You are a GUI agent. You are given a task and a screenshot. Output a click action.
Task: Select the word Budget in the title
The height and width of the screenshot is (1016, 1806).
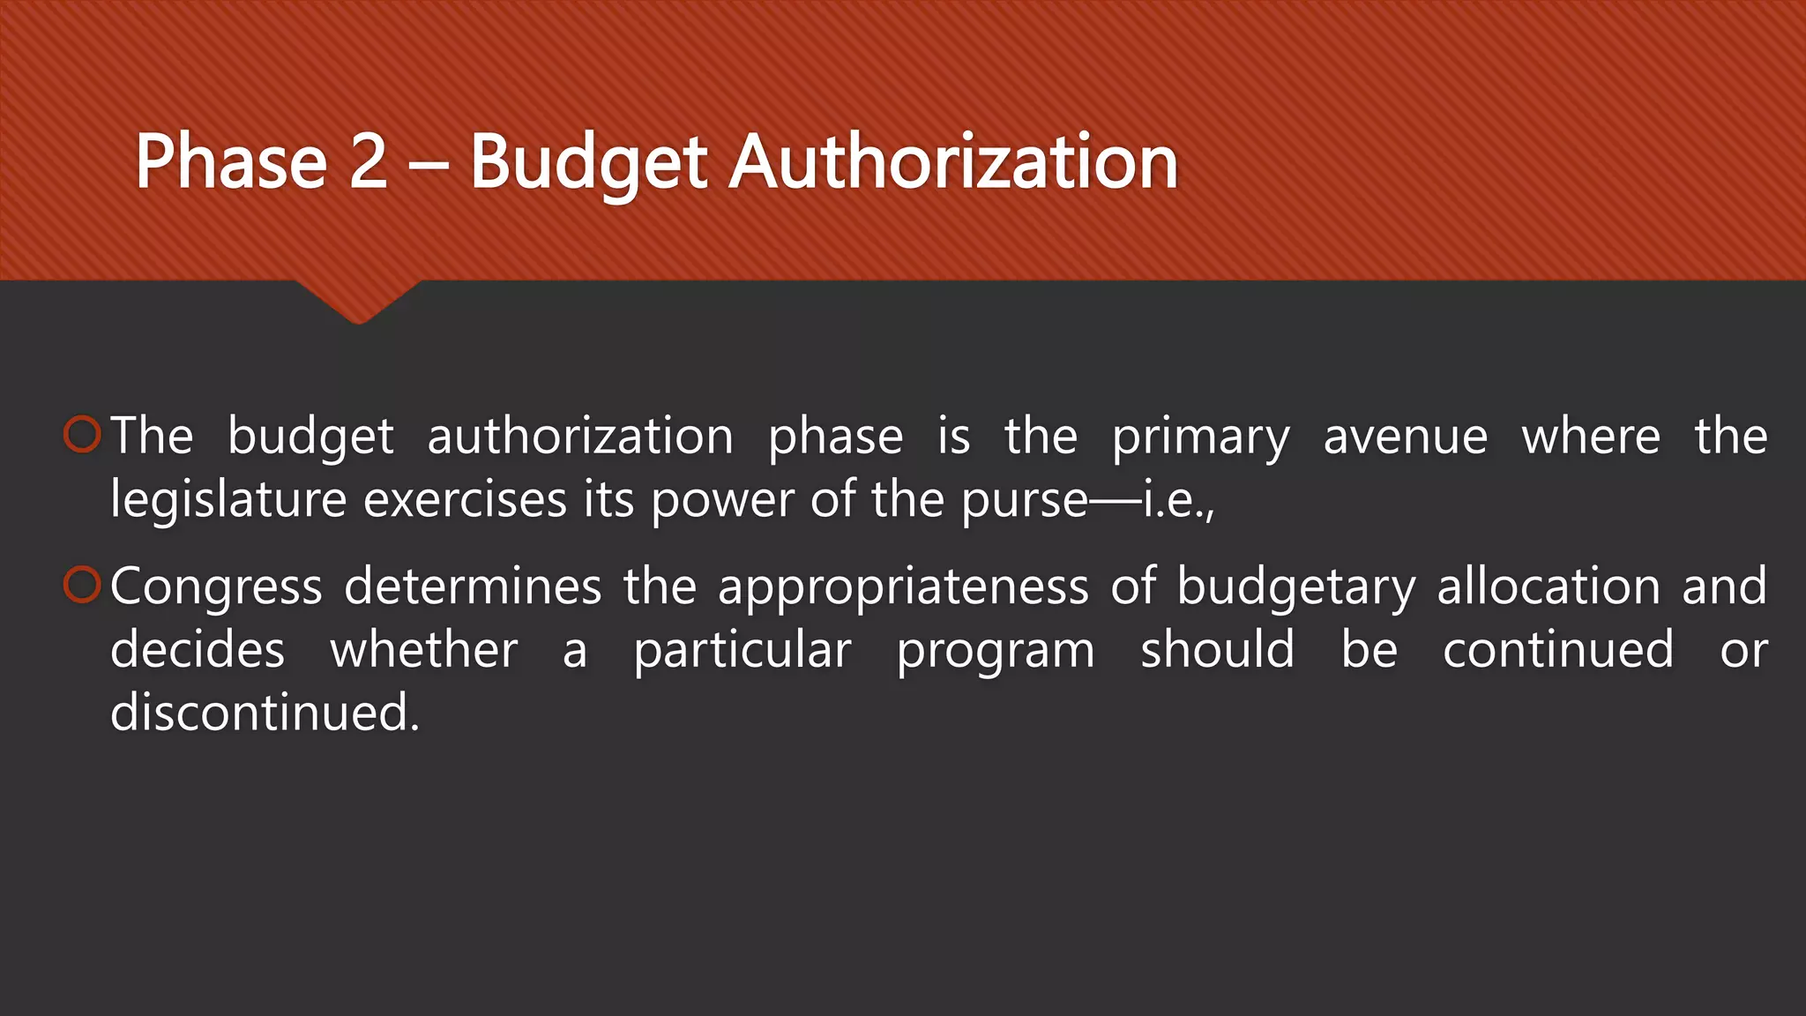coord(588,163)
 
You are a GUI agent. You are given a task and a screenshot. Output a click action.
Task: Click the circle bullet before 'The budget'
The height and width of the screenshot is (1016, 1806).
coord(83,435)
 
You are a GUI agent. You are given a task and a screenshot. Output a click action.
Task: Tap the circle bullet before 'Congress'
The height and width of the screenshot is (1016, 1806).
coord(83,586)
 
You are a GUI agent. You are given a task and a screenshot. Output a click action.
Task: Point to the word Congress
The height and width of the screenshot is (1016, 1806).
coord(216,587)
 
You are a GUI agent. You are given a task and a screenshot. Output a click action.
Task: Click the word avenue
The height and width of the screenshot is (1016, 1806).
coord(1406,437)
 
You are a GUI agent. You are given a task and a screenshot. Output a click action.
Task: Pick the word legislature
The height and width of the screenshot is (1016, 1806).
coord(228,500)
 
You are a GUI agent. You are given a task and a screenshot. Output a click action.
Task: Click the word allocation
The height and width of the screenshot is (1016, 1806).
coord(1549,586)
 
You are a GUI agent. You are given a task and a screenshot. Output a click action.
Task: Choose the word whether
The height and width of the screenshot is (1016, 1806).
coord(424,650)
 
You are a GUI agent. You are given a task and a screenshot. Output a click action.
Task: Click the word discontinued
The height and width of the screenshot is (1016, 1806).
coord(265,712)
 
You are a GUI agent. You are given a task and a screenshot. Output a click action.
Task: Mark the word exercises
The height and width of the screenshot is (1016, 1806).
coord(465,500)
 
